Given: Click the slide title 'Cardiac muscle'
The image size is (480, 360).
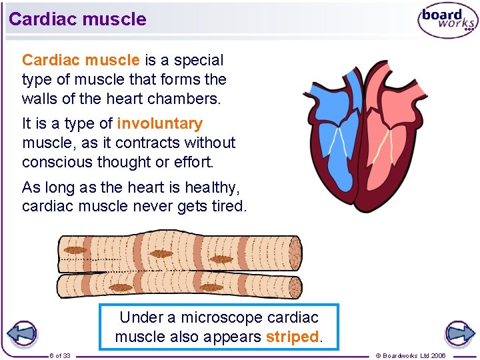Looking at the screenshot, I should tap(77, 19).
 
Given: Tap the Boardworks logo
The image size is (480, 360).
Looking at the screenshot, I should tap(447, 21).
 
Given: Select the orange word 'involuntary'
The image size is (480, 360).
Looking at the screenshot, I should tap(159, 124).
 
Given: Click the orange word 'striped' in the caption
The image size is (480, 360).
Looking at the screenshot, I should tap(292, 337).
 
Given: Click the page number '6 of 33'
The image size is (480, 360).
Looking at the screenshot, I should tap(60, 355).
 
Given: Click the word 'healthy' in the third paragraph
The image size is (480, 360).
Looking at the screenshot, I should tap(207, 187).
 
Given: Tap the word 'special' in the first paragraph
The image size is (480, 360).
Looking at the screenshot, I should tap(199, 60).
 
